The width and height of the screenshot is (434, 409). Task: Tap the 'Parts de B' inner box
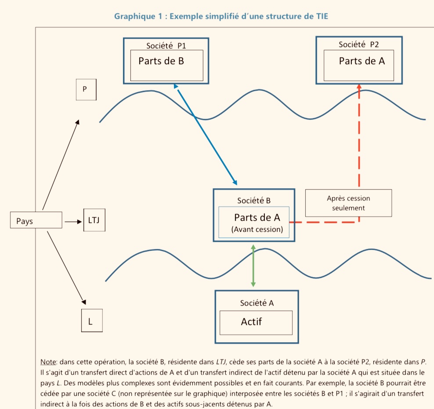pos(166,65)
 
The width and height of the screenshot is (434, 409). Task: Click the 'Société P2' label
pos(359,44)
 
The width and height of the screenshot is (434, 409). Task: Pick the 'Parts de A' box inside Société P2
pos(358,65)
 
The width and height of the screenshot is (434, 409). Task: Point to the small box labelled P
pos(86,89)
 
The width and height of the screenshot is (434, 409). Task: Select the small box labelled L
pos(91,321)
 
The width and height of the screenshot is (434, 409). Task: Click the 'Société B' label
pos(254,201)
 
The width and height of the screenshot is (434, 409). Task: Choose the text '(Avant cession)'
pos(257,229)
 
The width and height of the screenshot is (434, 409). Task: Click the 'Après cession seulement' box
pos(348,203)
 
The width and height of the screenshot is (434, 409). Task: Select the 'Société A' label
pos(257,303)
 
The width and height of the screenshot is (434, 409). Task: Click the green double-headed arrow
pos(253,266)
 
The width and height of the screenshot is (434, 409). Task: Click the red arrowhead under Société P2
pos(359,86)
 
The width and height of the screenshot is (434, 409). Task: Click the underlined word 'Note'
pos(48,362)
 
